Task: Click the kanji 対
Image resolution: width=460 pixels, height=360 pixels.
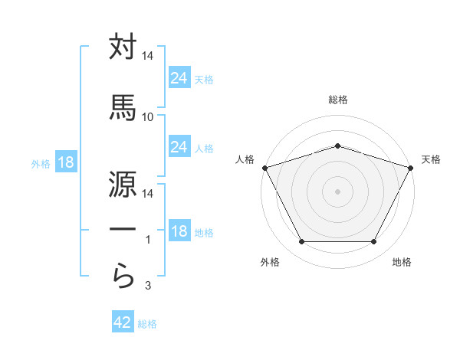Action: pos(123,47)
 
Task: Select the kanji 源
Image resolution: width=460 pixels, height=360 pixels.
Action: pos(123,182)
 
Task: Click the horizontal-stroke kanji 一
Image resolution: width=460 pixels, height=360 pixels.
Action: pos(123,229)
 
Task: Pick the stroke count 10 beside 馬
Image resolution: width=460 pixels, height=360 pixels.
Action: pos(148,117)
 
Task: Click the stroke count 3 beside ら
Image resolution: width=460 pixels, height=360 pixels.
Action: pos(148,286)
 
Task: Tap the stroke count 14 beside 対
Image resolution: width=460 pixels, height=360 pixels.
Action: pos(148,57)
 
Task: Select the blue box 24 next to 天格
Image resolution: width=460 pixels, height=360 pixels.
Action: pos(179,78)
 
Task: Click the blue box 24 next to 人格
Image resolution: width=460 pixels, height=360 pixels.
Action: pos(179,147)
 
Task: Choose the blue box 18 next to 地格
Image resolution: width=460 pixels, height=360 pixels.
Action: pos(179,231)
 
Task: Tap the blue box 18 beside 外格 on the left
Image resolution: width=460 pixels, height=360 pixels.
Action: pos(65,163)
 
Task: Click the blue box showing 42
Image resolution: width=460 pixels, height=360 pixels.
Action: pos(122,322)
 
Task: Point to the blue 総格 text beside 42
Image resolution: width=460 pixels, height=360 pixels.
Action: pos(147,324)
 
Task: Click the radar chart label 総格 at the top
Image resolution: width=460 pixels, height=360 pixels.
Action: pos(337,100)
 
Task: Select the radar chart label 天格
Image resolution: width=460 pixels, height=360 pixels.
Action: pos(432,159)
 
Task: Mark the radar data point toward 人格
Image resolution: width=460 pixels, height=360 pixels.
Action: pos(264,168)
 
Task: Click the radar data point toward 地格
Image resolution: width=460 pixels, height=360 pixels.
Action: pos(373,242)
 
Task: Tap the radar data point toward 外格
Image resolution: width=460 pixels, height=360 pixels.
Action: pos(301,242)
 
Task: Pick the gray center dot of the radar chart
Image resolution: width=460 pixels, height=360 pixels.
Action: pos(337,191)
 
